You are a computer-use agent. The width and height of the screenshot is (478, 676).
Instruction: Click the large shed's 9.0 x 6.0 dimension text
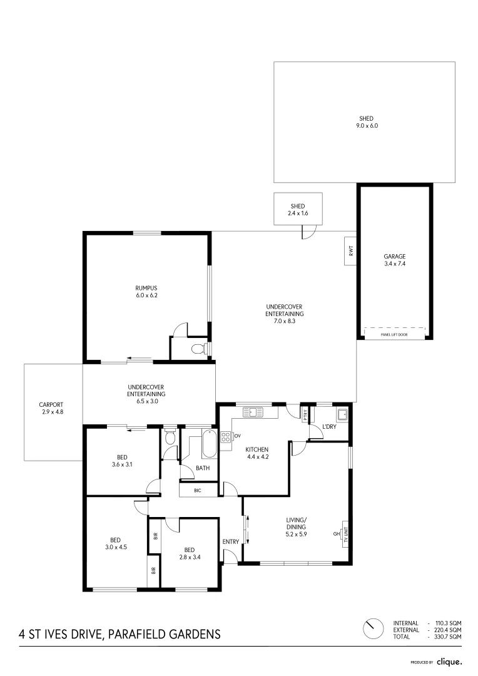367,126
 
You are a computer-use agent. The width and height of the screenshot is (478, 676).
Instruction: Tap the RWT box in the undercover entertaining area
350,251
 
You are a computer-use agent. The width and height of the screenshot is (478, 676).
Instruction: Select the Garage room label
395,256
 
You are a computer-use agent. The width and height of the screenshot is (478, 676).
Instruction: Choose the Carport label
51,404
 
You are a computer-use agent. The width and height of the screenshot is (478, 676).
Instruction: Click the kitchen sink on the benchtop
254,412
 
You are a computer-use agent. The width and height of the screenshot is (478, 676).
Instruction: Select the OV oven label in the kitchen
237,435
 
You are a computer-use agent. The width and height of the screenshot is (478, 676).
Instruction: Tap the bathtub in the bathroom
208,444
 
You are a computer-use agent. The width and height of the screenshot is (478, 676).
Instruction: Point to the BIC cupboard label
198,490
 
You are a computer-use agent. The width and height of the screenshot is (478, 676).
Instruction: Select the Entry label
230,541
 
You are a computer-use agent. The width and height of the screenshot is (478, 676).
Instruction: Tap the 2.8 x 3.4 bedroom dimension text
190,556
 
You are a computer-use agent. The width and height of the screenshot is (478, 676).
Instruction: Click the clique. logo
449,662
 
